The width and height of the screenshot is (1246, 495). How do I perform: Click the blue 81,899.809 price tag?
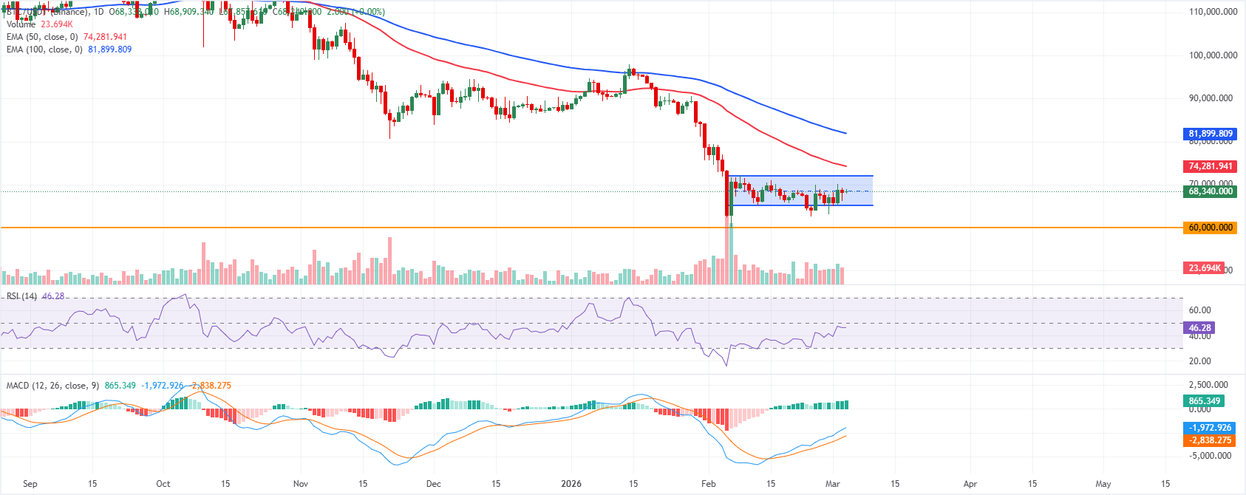click(1210, 134)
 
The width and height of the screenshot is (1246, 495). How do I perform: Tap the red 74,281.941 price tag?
click(1210, 166)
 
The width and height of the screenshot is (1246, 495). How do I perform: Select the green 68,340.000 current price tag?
click(1210, 191)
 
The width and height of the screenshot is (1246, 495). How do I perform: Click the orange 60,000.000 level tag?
click(1210, 228)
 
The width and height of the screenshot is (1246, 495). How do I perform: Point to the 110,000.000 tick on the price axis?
click(1213, 12)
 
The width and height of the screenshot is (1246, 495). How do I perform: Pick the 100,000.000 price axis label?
click(1213, 55)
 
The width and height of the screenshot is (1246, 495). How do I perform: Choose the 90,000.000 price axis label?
click(1213, 98)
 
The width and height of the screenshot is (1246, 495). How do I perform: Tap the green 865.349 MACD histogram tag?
click(1204, 401)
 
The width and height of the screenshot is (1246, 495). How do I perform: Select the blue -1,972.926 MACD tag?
click(1210, 428)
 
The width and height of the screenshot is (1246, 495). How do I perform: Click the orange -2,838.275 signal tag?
click(1210, 440)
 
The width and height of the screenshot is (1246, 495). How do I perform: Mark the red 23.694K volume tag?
click(1204, 268)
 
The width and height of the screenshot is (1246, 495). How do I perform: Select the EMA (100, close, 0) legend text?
click(44, 49)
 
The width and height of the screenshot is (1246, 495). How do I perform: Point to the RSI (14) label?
click(21, 296)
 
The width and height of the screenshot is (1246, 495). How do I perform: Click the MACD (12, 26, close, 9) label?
click(52, 386)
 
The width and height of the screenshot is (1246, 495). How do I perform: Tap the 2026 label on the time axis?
click(571, 484)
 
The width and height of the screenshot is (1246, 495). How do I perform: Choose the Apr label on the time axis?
click(970, 484)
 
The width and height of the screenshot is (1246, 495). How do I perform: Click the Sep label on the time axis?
click(30, 484)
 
